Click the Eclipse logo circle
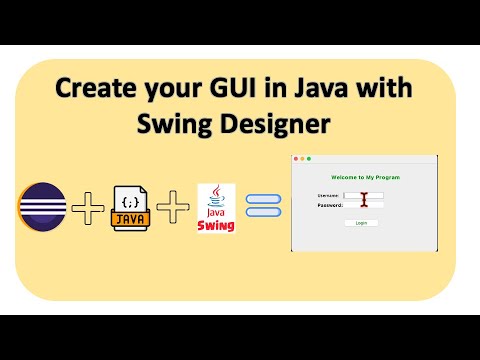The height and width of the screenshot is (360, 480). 40,207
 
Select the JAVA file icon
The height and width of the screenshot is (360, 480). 133,208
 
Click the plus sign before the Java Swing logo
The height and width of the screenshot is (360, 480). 175,208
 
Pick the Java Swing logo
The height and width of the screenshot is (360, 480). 218,207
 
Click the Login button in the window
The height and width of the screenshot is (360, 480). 361,223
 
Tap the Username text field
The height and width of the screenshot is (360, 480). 364,195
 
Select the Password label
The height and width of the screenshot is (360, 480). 329,204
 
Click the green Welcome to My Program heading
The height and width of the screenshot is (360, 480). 364,177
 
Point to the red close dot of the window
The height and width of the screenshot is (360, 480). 296,159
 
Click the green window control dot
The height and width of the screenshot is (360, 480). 309,159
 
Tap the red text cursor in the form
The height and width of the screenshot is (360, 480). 365,199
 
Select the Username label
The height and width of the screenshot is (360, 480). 328,195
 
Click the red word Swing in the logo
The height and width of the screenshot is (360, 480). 218,224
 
